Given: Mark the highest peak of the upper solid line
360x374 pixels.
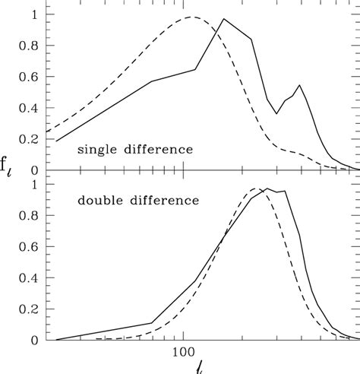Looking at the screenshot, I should [x=223, y=20].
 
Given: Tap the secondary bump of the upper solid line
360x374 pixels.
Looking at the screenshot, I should [x=298, y=85].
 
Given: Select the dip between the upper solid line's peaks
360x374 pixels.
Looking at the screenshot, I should [x=277, y=114].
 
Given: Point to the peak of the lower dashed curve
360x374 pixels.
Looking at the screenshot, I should [x=256, y=189].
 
